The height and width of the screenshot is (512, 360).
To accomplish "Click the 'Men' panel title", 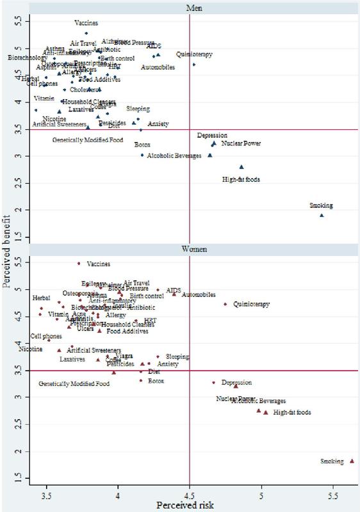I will pyautogui.click(x=189, y=6).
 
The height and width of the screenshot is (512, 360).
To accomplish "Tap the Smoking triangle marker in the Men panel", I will pyautogui.click(x=322, y=215).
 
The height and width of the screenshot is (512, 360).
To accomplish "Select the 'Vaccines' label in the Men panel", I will pyautogui.click(x=86, y=23).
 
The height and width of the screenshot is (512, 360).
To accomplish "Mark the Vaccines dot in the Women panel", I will pyautogui.click(x=79, y=263).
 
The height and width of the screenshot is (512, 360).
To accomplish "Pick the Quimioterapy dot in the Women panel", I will pyautogui.click(x=225, y=304).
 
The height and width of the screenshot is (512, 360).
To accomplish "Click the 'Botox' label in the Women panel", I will pyautogui.click(x=156, y=381).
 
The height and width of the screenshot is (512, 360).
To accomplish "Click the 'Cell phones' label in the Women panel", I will pyautogui.click(x=46, y=336).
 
